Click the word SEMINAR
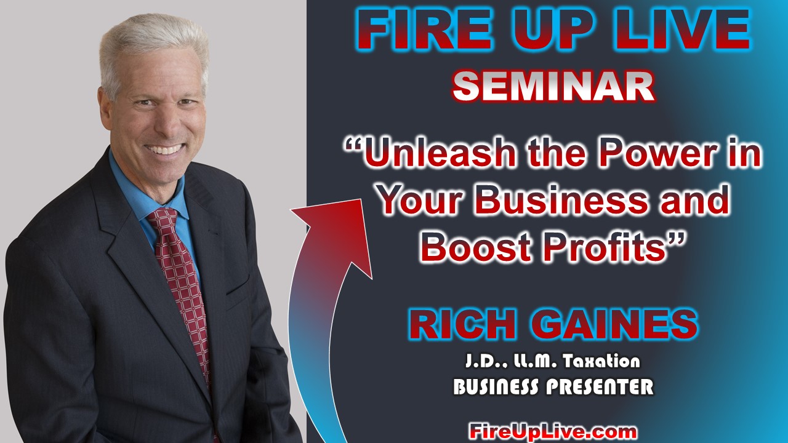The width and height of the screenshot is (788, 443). [x=553, y=86]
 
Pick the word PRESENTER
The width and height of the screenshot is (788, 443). [x=600, y=387]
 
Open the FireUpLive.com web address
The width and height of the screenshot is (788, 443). [x=553, y=431]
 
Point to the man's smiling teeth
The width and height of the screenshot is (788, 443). [x=164, y=149]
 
